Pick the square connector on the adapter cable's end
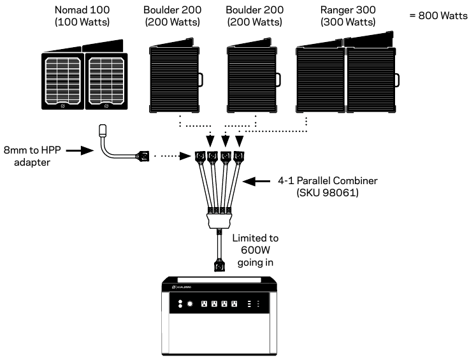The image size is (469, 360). click(145, 155)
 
